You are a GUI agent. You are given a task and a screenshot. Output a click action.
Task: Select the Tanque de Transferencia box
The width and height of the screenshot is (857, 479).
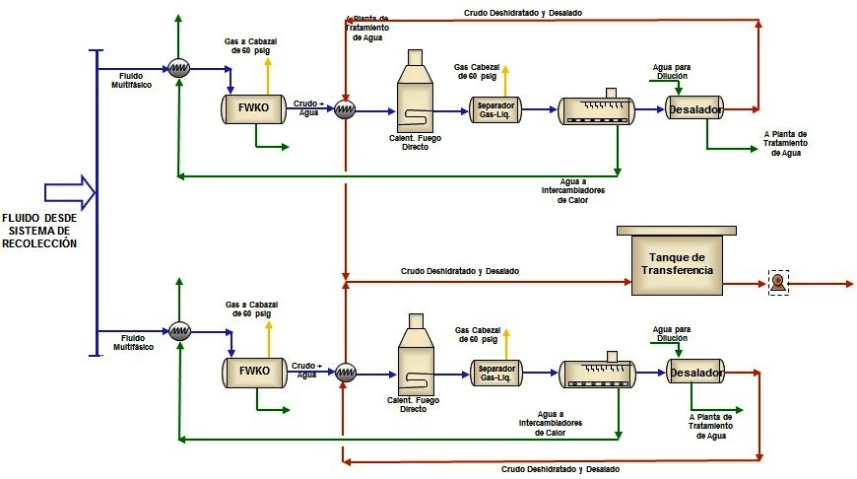click(676, 263)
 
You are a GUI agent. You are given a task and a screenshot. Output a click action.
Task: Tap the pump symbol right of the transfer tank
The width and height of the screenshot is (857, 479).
click(779, 282)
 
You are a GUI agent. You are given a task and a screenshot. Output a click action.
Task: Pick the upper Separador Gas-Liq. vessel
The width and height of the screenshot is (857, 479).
click(496, 108)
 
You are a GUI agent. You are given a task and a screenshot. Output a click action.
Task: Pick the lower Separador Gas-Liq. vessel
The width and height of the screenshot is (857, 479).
click(496, 373)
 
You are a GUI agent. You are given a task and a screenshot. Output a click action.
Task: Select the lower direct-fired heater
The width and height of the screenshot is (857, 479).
click(416, 359)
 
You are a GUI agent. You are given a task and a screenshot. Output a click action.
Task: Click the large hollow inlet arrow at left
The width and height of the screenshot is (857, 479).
click(68, 187)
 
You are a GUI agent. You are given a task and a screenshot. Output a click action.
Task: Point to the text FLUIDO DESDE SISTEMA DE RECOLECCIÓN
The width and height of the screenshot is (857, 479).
click(39, 230)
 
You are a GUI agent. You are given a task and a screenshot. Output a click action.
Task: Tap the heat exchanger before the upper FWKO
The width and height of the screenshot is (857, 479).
click(178, 67)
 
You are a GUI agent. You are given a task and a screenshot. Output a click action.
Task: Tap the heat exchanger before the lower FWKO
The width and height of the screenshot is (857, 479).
click(178, 330)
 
